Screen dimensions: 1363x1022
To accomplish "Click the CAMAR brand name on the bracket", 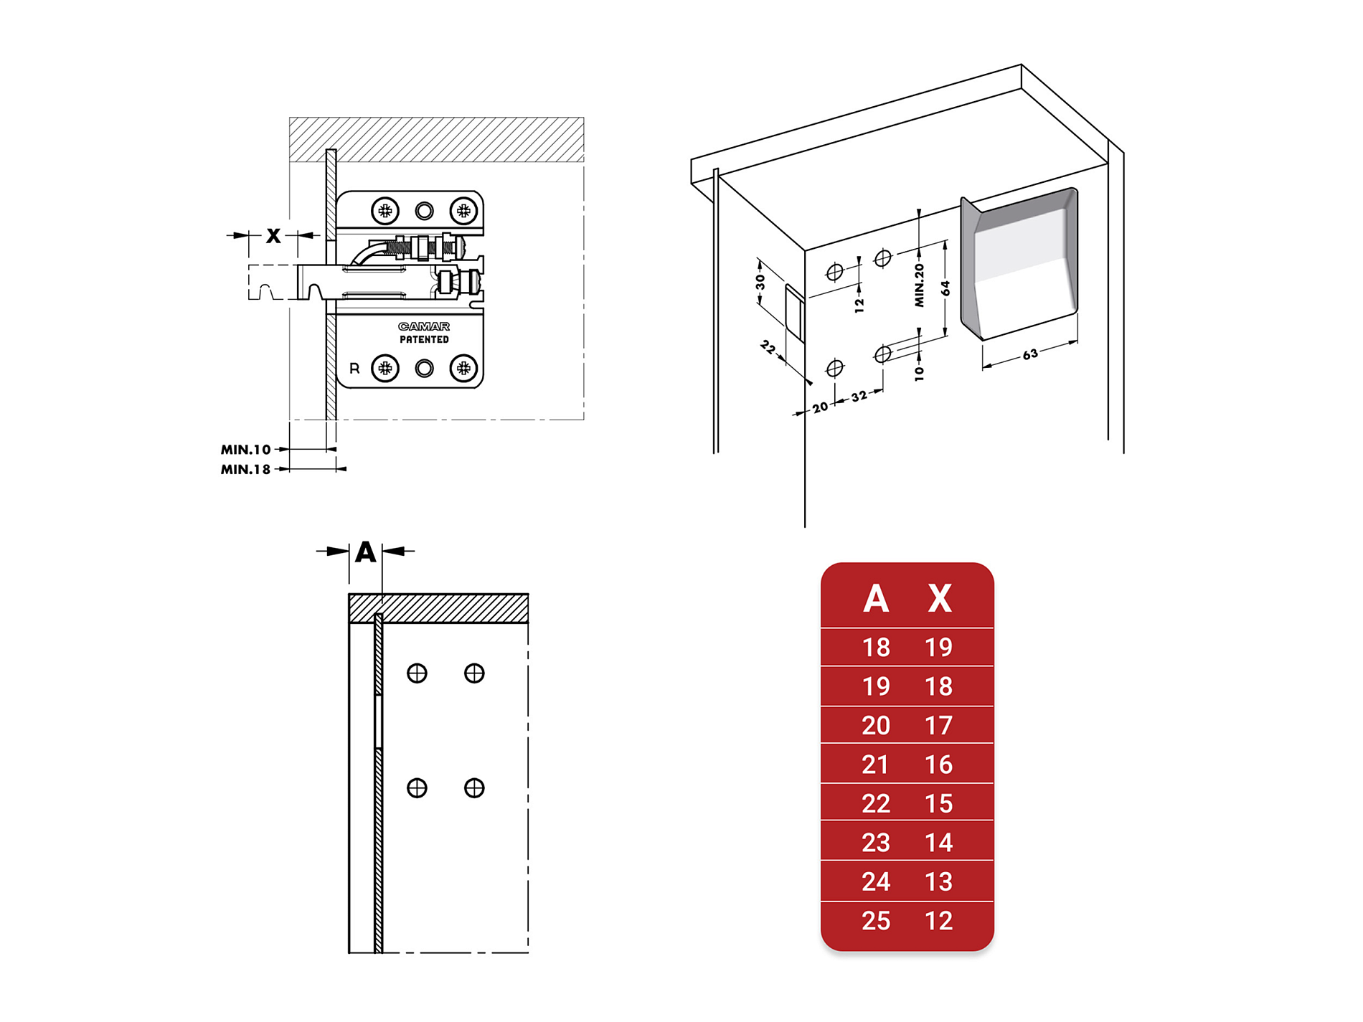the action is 424,326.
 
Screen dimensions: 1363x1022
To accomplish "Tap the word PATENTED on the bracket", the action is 424,339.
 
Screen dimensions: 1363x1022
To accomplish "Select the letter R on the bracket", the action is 354,368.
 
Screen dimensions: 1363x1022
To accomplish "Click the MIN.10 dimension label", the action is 245,450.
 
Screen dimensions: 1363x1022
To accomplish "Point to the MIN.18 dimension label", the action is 245,470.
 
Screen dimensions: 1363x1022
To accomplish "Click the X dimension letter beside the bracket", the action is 273,235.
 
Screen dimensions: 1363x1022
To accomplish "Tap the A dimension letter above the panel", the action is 366,552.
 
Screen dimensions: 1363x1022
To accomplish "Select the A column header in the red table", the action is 876,598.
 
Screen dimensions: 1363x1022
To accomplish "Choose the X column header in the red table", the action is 939,598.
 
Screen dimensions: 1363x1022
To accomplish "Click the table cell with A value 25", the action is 876,920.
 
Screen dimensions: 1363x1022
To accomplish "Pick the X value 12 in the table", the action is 938,920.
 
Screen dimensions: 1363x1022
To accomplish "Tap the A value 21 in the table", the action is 875,765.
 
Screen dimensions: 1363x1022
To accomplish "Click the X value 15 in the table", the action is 938,803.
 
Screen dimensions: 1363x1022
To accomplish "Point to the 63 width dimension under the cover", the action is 1030,354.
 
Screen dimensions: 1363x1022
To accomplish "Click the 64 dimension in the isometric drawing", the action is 945,288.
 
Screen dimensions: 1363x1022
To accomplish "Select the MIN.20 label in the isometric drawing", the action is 919,285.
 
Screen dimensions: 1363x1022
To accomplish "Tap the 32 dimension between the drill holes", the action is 859,397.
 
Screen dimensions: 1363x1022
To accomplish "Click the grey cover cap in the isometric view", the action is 1020,264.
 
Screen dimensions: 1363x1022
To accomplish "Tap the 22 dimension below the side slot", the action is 768,348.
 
